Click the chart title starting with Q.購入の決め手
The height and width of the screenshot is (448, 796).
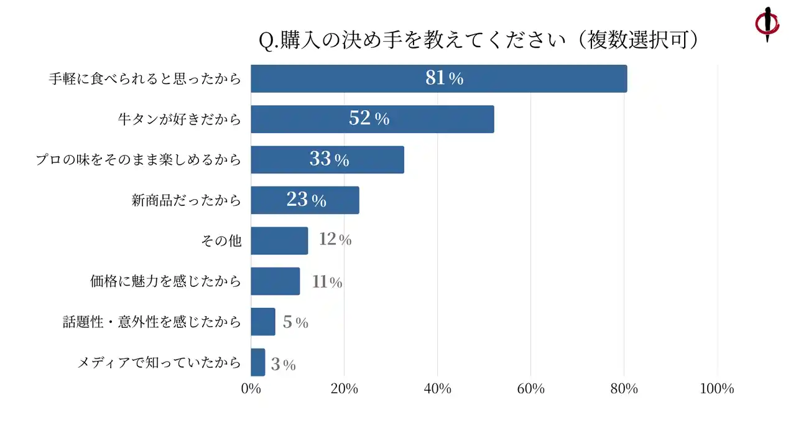(479, 40)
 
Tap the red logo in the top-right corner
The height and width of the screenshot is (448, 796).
(767, 23)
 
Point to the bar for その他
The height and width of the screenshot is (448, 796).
(279, 240)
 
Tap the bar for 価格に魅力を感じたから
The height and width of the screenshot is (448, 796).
(275, 281)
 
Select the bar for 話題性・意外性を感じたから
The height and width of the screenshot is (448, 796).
(262, 321)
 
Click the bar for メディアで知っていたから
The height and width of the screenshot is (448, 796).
(257, 362)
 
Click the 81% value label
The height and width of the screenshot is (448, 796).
(444, 78)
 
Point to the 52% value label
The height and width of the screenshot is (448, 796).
(369, 118)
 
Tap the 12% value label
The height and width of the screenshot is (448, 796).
(335, 240)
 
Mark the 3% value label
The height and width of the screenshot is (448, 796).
(283, 365)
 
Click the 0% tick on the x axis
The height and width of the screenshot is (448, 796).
(251, 389)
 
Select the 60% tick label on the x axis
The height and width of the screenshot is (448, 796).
(530, 389)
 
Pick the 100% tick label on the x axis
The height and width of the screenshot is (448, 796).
(717, 389)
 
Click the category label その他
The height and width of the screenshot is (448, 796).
(221, 240)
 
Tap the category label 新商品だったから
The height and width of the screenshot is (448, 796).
(186, 200)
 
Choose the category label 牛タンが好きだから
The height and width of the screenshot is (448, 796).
(179, 119)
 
